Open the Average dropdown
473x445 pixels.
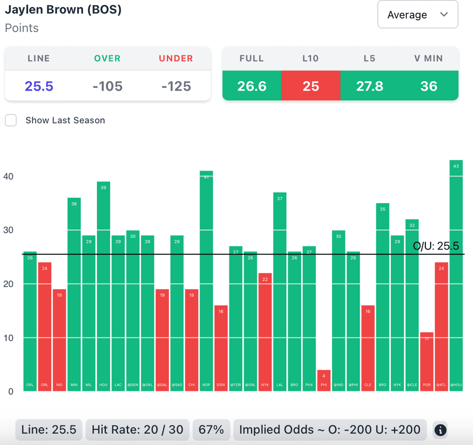click(418, 15)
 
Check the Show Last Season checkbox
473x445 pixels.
click(11, 120)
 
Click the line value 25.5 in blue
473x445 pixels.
click(39, 86)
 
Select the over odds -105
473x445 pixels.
click(108, 86)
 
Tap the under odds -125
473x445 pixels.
click(176, 86)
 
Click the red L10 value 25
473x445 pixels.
click(311, 86)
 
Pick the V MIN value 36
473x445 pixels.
click(429, 86)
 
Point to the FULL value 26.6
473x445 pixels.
click(252, 86)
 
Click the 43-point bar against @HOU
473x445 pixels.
click(456, 277)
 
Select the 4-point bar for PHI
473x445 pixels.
click(324, 380)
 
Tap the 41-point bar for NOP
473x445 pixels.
click(206, 282)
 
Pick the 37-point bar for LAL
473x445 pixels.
click(279, 291)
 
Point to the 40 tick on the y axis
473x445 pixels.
click(9, 177)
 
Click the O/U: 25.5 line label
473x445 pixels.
click(436, 246)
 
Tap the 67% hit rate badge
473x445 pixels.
click(211, 430)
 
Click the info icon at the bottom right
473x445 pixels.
click(440, 430)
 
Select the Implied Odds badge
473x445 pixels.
click(329, 430)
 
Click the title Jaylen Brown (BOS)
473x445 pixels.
click(63, 10)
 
